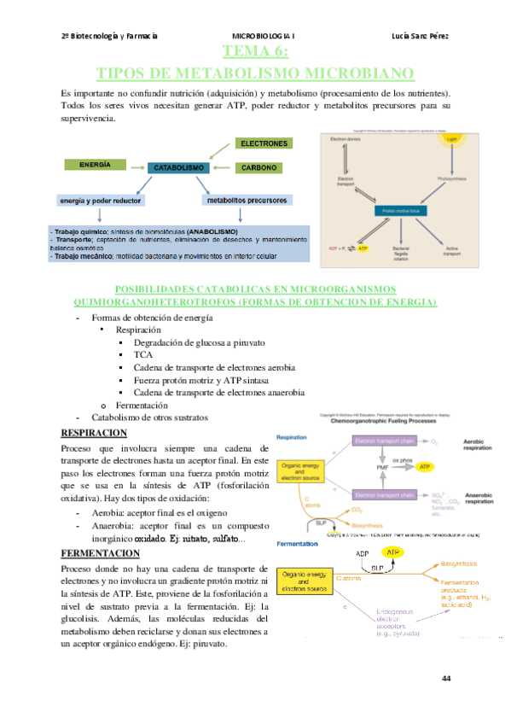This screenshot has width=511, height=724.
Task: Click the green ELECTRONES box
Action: point(264,143)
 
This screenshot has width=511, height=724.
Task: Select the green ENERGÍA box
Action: point(95,163)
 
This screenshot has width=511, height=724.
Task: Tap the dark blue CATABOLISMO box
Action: point(178,169)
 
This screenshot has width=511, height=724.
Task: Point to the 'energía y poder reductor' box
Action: point(101,201)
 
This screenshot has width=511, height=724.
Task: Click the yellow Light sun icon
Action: point(451,137)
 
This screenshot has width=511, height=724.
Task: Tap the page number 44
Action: point(446,679)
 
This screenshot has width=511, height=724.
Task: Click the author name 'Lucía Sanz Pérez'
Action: point(421,36)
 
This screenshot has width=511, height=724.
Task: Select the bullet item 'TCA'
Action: point(142,354)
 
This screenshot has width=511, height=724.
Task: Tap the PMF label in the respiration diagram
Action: point(382,467)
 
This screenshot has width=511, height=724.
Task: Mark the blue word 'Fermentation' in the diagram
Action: point(296,545)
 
